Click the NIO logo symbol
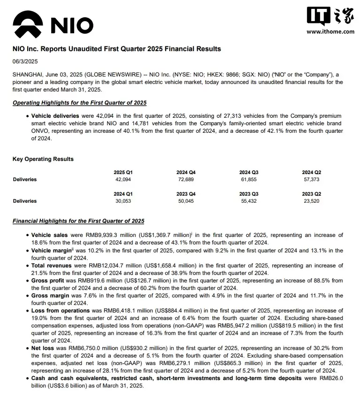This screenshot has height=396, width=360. (x=29, y=24)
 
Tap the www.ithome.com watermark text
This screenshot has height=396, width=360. (x=330, y=31)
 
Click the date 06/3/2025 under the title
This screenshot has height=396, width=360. (x=25, y=61)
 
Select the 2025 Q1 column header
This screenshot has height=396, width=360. (x=123, y=173)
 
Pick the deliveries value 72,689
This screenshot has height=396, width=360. (x=186, y=180)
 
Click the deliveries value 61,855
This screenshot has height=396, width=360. (x=249, y=180)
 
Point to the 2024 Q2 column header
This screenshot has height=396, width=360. (x=312, y=173)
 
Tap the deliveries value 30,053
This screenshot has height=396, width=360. (x=123, y=201)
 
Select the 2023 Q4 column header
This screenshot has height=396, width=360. (x=186, y=194)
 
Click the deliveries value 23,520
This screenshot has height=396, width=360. (x=312, y=201)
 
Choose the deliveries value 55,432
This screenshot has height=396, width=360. (x=249, y=201)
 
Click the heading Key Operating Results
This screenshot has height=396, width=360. (x=43, y=159)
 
